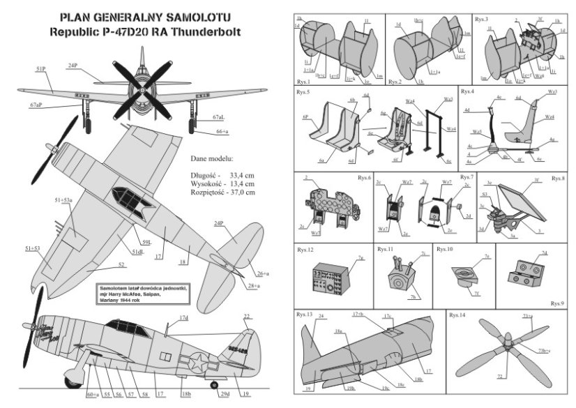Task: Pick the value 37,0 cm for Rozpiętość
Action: pos(242,192)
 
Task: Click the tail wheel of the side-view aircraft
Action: pos(214,384)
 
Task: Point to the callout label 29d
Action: pos(225,395)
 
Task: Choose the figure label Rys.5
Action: pos(303,91)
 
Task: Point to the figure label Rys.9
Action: pos(556,303)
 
